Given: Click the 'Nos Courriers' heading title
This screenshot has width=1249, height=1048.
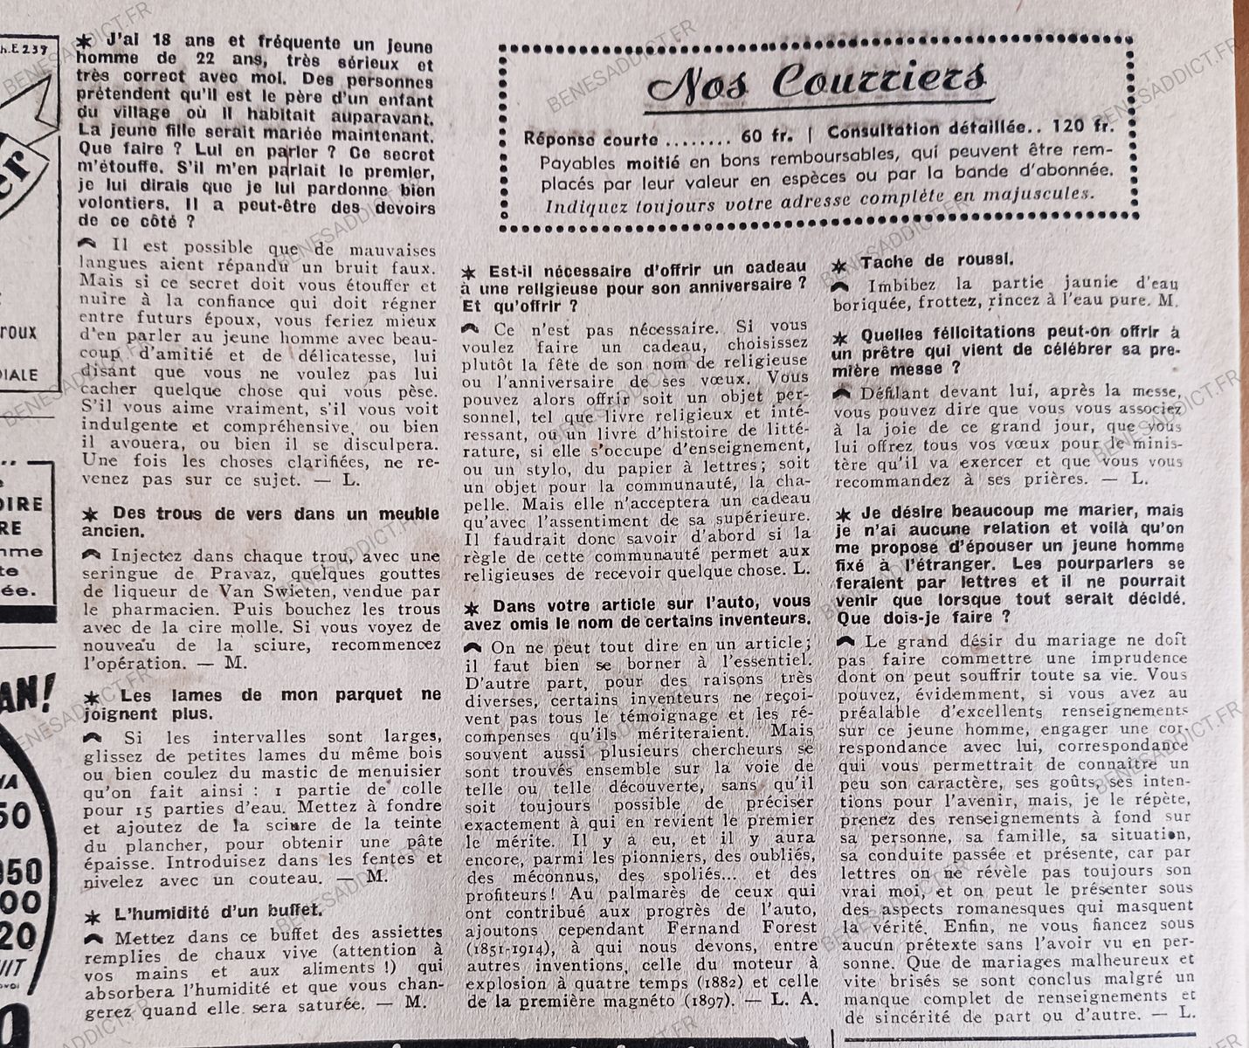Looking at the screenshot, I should [x=818, y=82].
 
